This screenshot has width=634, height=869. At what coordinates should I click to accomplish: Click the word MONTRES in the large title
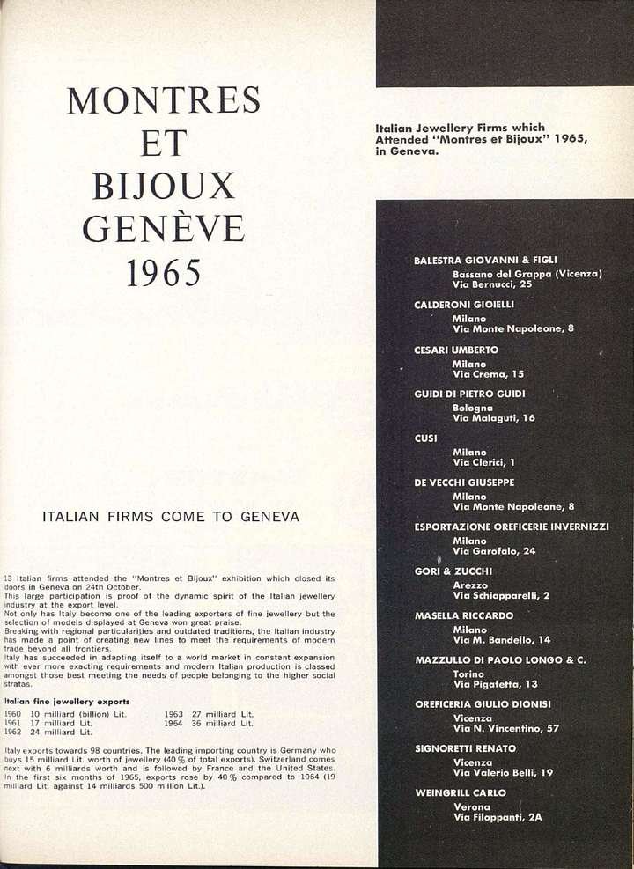click(164, 100)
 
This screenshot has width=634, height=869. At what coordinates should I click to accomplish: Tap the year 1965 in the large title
click(164, 273)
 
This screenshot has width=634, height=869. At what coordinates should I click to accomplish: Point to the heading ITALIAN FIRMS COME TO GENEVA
click(171, 517)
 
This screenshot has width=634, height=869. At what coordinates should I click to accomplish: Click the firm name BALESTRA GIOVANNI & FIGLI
click(486, 261)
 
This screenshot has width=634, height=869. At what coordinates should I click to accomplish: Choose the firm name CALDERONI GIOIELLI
click(463, 305)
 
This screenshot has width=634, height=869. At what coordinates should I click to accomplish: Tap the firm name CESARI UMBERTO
click(456, 350)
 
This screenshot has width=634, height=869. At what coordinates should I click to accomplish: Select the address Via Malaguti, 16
click(494, 418)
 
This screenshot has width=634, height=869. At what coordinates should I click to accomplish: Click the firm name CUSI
click(426, 438)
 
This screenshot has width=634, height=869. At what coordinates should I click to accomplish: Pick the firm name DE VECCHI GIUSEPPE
click(464, 482)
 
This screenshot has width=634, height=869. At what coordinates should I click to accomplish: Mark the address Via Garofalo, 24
click(494, 551)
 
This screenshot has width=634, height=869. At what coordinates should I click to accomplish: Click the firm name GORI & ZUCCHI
click(453, 571)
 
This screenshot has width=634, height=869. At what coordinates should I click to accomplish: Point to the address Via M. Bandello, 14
click(502, 640)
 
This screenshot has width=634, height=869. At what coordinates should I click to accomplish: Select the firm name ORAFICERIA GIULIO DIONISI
click(483, 704)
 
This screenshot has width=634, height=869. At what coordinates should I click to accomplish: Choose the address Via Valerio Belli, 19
click(503, 772)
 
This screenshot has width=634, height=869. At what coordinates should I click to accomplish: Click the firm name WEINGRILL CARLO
click(461, 792)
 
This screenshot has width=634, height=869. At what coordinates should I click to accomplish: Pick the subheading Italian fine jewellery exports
click(67, 702)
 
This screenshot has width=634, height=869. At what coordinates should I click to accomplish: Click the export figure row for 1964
click(210, 723)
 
